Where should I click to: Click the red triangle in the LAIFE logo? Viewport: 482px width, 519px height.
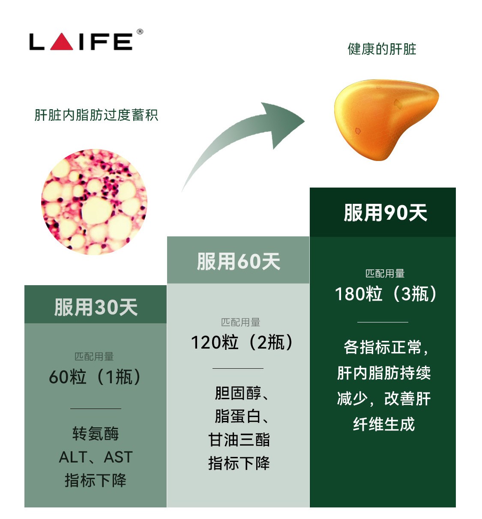tap(61, 42)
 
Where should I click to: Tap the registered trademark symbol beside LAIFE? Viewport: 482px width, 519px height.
tap(140, 32)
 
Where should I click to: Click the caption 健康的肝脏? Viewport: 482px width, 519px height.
tap(382, 49)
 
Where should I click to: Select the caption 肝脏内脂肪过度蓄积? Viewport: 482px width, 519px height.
tap(96, 115)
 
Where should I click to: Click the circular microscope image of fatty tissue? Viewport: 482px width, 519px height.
tap(94, 202)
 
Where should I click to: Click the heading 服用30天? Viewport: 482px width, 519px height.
tap(96, 307)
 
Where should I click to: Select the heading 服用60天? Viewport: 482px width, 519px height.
tap(239, 261)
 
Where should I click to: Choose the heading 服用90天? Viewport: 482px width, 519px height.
tap(386, 213)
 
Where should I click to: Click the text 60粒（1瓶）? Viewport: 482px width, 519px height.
tap(95, 376)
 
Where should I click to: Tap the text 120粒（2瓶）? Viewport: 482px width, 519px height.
tap(242, 342)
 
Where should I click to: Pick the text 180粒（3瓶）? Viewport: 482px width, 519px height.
tap(386, 293)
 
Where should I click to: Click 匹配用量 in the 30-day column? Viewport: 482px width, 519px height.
tap(94, 356)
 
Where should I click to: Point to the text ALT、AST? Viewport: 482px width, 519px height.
tap(96, 457)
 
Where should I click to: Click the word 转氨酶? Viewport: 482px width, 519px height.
tap(96, 433)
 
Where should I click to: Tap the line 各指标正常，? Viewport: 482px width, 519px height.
tap(386, 347)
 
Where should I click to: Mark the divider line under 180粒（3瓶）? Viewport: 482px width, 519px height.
tap(383, 322)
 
